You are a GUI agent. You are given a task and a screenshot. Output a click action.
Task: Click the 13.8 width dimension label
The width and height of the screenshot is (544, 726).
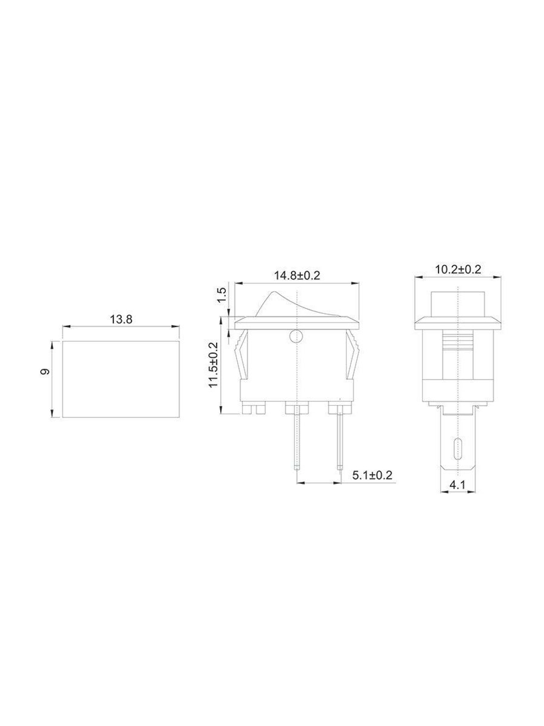pos(121,320)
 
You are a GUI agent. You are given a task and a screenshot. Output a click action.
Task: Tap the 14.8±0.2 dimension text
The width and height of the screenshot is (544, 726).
pos(297,276)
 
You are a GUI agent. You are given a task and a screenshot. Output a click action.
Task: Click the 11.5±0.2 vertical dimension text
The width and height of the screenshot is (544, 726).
pos(213,364)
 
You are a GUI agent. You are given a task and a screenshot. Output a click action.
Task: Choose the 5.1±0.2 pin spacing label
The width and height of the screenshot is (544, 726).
pos(372,475)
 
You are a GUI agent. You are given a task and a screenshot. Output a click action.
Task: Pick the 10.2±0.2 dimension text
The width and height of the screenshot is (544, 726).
pos(458,270)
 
